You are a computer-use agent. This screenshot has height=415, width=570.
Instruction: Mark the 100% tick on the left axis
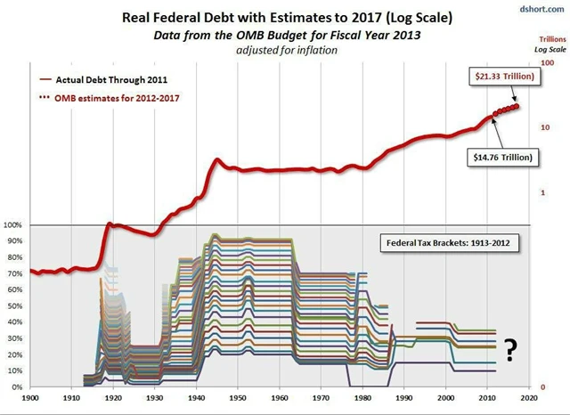pos(13,225)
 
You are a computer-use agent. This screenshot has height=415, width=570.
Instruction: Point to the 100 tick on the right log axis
pos(549,64)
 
